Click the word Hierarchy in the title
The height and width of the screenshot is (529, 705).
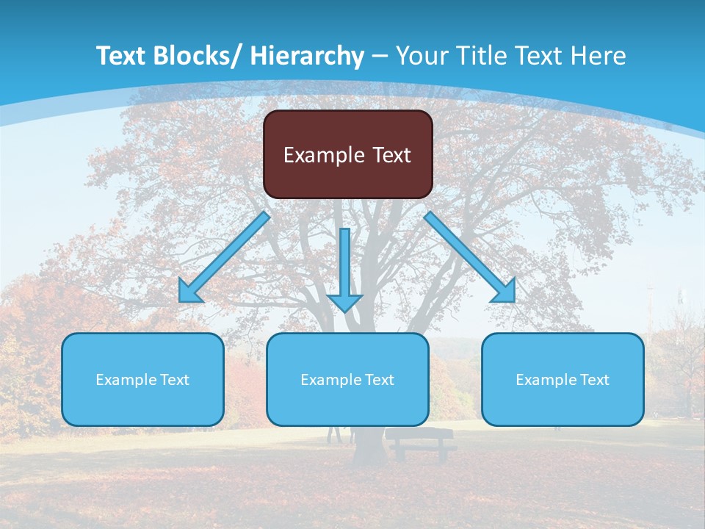[306, 56]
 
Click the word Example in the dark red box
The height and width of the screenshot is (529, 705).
[320, 155]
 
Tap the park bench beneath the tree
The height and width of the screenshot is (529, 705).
[421, 442]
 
